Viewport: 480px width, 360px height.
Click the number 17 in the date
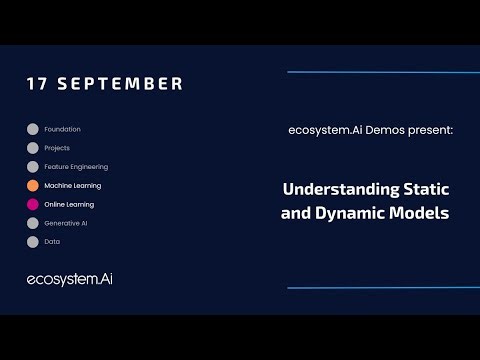tap(37, 84)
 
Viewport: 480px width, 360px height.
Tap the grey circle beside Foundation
tap(33, 129)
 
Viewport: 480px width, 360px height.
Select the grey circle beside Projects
tap(33, 148)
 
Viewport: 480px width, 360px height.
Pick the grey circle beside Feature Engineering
tap(33, 167)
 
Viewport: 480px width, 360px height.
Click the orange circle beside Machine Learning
tap(33, 185)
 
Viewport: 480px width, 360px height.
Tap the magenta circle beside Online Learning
tap(33, 204)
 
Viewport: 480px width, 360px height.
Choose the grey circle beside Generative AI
tap(33, 223)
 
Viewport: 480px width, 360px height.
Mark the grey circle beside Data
tap(33, 242)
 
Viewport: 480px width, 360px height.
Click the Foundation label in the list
tap(62, 129)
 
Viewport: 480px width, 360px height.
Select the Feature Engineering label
tap(76, 167)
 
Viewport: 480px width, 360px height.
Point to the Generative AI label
tap(68, 223)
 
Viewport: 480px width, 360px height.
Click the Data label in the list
tap(52, 242)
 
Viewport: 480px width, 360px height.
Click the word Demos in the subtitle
tap(383, 130)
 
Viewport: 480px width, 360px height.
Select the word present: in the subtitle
tap(431, 130)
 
